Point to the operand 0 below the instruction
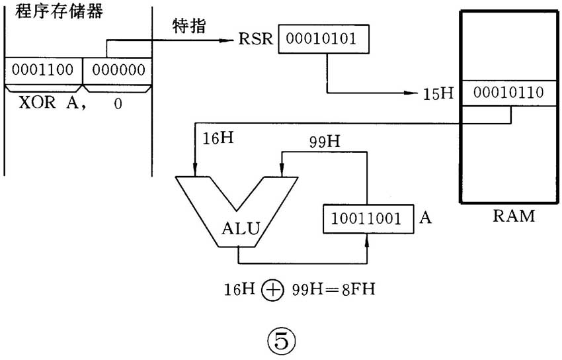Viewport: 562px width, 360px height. tap(117, 105)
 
